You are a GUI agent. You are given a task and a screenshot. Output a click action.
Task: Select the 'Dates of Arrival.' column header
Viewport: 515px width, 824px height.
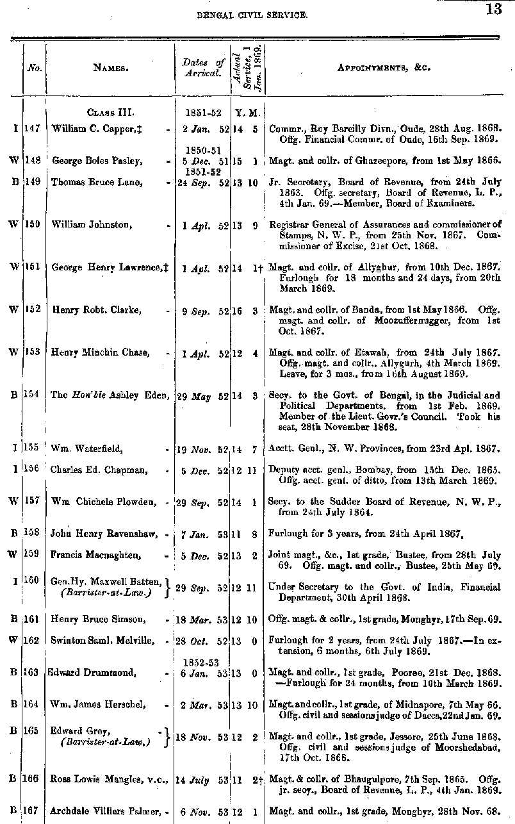click(203, 67)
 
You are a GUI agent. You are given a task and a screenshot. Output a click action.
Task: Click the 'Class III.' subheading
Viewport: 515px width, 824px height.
click(110, 113)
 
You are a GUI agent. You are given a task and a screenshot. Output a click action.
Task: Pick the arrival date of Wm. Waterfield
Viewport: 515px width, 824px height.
click(204, 450)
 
